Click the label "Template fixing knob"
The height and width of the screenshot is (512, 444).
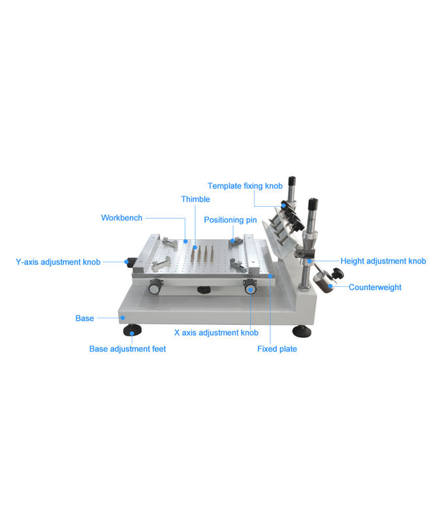[245, 186]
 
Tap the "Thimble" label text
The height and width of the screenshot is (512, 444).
[195, 199]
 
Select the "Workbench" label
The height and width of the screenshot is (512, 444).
[121, 218]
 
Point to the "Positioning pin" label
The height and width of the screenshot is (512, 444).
[230, 220]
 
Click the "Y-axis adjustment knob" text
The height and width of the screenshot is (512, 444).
[58, 262]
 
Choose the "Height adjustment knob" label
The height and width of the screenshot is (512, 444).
[383, 261]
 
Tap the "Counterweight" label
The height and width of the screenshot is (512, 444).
[375, 288]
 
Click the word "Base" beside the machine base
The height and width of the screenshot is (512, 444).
[85, 318]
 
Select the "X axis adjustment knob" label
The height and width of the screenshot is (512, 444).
[216, 333]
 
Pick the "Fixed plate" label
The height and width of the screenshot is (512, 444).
[277, 349]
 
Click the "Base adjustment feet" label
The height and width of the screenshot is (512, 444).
[127, 349]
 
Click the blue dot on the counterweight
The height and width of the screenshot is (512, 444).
[330, 286]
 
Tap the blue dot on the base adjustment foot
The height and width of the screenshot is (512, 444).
[132, 333]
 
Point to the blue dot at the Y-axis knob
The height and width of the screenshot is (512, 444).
[127, 262]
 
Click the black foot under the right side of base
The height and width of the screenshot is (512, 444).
[302, 331]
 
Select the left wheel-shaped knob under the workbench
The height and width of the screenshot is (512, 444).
[155, 288]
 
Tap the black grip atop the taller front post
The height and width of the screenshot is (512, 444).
[313, 204]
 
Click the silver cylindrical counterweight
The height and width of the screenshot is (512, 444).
[322, 282]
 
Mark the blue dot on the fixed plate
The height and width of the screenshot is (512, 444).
[270, 276]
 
